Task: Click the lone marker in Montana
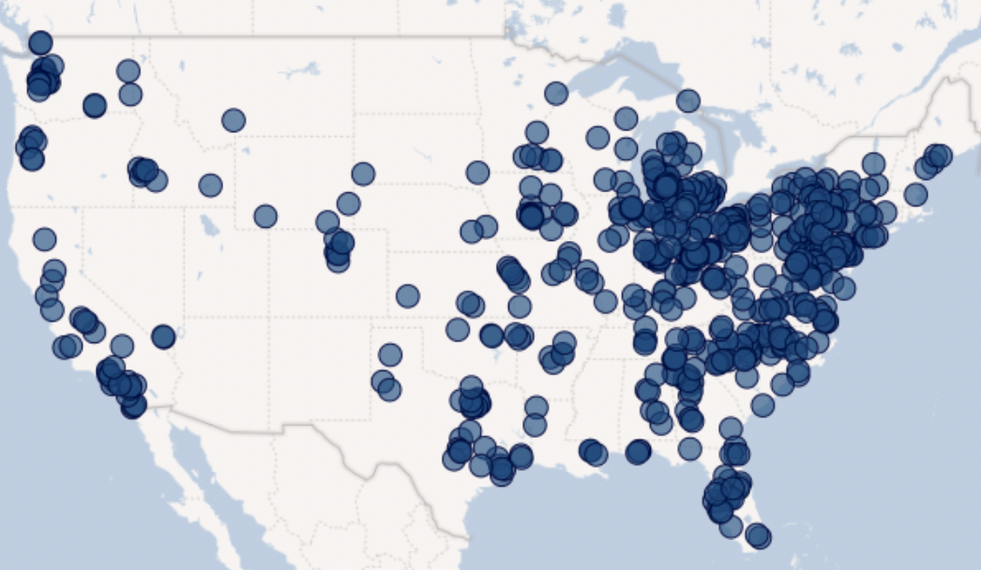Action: pyautogui.click(x=234, y=120)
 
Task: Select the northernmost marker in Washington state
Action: pyautogui.click(x=40, y=42)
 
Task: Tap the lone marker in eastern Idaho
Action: pyautogui.click(x=210, y=186)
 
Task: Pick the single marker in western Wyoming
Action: pyautogui.click(x=265, y=217)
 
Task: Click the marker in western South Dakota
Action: pyautogui.click(x=363, y=173)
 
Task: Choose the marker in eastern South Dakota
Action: pyautogui.click(x=477, y=172)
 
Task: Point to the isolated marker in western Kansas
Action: pyautogui.click(x=407, y=296)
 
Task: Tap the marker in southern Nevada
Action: pyautogui.click(x=163, y=337)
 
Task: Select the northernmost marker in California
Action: pyautogui.click(x=44, y=239)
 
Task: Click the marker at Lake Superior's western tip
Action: pyautogui.click(x=556, y=93)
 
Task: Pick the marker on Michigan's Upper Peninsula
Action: pyautogui.click(x=687, y=100)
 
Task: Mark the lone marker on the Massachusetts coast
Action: pyautogui.click(x=914, y=195)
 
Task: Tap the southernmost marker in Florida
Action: pyautogui.click(x=759, y=536)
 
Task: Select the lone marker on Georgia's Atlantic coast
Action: pyautogui.click(x=762, y=406)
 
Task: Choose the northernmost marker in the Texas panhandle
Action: pyautogui.click(x=389, y=354)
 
